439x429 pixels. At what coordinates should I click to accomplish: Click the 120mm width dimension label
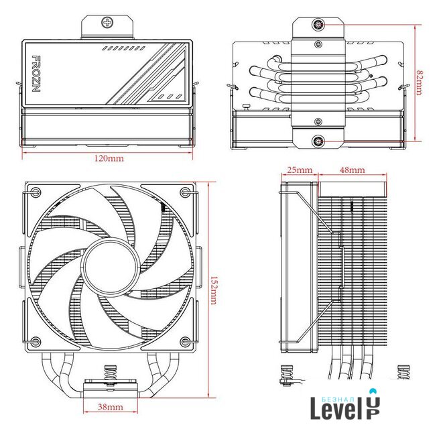click(x=109, y=158)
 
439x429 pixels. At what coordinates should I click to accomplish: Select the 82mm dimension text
click(x=419, y=82)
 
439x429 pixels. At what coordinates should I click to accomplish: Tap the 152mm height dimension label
click(x=213, y=290)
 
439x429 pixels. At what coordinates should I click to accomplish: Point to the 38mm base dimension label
click(x=111, y=407)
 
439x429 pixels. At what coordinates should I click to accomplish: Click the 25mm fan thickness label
click(x=300, y=170)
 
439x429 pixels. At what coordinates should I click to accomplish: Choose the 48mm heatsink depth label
click(x=353, y=170)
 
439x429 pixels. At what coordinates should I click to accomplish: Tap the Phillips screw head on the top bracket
click(x=107, y=22)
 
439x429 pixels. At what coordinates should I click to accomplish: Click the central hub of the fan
click(x=111, y=265)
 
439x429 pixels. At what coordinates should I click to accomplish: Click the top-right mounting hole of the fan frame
click(x=186, y=192)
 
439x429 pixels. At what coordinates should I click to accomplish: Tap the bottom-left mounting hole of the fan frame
click(x=36, y=341)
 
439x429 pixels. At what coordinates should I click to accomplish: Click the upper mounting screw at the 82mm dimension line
click(x=318, y=25)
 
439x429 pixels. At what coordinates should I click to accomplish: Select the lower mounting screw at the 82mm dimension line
click(x=318, y=141)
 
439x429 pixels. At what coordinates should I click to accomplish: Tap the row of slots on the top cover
click(x=124, y=48)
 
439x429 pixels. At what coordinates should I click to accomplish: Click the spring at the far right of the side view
click(x=403, y=372)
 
